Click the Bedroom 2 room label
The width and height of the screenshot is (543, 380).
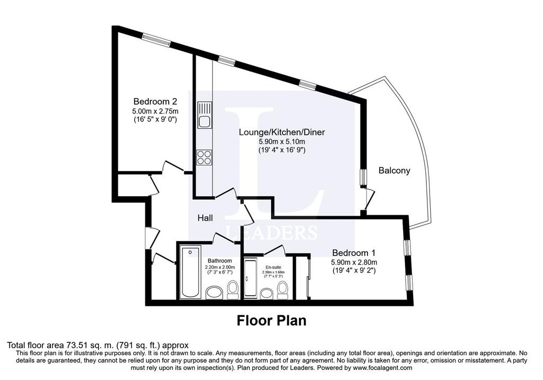click(x=155, y=101)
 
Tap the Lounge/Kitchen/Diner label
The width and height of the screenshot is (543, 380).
click(x=282, y=132)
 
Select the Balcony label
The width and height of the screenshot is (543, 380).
click(x=394, y=170)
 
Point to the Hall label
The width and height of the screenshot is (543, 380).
click(x=205, y=218)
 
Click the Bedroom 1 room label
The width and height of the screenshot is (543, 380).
click(x=354, y=253)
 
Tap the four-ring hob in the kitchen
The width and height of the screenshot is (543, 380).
click(x=204, y=157)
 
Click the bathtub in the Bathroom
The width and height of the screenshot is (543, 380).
click(x=190, y=272)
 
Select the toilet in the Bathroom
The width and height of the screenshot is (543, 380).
click(x=232, y=290)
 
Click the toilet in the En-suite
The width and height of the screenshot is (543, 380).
click(x=283, y=290)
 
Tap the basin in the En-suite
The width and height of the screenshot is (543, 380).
click(x=267, y=294)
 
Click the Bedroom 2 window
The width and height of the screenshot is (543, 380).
click(x=156, y=40)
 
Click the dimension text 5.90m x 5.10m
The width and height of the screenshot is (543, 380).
click(x=282, y=142)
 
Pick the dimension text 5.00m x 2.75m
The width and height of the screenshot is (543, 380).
click(x=155, y=111)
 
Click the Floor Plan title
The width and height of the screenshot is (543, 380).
click(x=271, y=321)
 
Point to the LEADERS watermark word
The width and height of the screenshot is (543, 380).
click(x=271, y=232)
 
